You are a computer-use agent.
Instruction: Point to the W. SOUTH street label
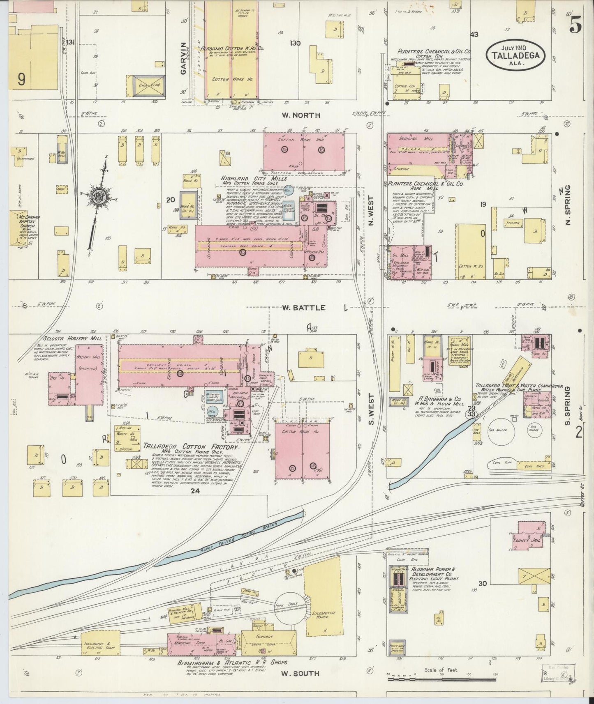(300, 674)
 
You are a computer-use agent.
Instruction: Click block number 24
(195, 490)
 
